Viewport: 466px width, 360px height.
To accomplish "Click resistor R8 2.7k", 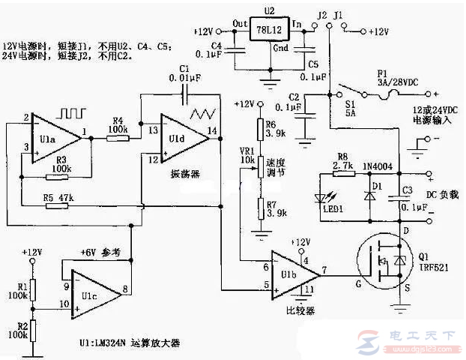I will click(x=345, y=173).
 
